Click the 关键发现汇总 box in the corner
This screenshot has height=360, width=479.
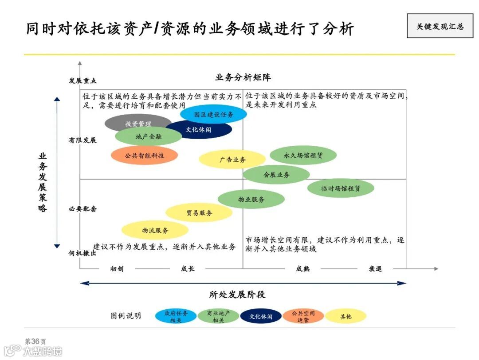(440, 26)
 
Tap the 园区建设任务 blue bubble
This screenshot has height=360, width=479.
(213, 114)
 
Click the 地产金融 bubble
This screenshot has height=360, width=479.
(148, 136)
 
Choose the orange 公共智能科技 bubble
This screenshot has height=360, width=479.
(144, 156)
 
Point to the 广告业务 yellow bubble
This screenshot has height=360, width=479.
(232, 160)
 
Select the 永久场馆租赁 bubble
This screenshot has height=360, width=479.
(303, 156)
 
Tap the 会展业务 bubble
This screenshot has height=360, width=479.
(276, 175)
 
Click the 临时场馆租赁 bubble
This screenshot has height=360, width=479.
(341, 188)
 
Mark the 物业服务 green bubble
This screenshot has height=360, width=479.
(251, 200)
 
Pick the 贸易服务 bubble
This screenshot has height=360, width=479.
(199, 213)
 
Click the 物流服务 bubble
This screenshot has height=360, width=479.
(155, 230)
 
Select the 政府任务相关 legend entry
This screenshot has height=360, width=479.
(176, 316)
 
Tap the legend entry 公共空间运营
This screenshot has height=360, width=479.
(303, 316)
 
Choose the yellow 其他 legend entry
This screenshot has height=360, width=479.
(346, 316)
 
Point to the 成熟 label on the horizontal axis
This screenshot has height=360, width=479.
(302, 268)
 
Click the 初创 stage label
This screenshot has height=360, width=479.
(117, 268)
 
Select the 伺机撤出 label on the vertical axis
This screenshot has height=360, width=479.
(82, 253)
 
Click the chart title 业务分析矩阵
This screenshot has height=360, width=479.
(243, 77)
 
